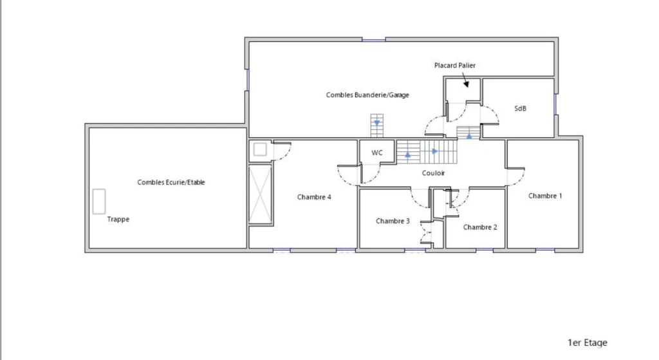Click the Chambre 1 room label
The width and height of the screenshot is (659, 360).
coord(544,196)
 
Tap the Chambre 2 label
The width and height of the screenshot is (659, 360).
coord(480,227)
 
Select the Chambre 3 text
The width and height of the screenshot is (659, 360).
coord(393,221)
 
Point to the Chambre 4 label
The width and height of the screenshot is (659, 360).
coord(314,197)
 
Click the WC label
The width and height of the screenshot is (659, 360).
coord(377,153)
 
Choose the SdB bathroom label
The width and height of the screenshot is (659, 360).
coord(520,108)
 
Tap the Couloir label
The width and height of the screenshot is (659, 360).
coord(433,173)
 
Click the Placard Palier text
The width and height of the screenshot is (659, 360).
coord(455,65)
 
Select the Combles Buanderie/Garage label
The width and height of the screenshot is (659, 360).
coord(367,95)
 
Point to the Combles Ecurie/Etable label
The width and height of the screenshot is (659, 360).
coord(171,182)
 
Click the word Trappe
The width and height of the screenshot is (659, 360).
coord(118,219)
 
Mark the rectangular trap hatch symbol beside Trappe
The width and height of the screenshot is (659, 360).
coord(99,202)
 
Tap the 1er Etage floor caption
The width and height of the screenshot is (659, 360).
coord(587,343)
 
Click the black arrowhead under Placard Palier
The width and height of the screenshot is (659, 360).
coord(466,84)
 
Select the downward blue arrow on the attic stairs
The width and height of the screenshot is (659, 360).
coord(377,123)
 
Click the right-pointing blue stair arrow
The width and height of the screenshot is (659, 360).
coord(435,151)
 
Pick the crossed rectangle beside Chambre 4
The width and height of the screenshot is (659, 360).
coord(260,194)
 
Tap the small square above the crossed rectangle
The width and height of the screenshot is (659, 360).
coord(260,149)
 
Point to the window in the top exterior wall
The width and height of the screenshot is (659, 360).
coord(374,40)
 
